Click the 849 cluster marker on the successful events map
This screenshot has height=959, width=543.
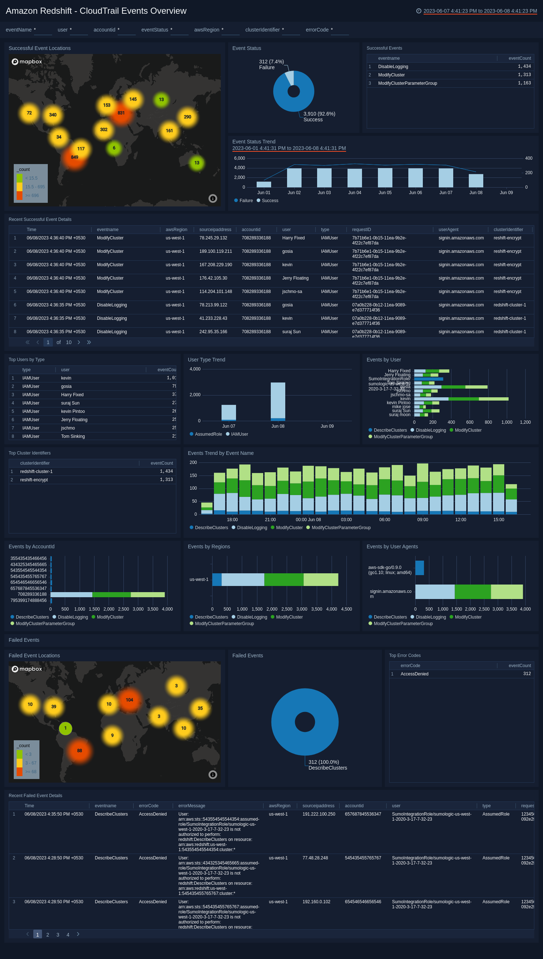[75, 158]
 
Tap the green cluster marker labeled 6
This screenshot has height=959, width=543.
[114, 148]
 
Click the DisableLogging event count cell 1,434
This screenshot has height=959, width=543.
[524, 66]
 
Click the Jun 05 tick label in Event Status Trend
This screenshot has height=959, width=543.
[385, 192]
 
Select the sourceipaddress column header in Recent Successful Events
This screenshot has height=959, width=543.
[215, 229]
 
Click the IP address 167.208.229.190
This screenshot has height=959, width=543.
[215, 265]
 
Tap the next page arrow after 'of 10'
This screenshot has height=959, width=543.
[79, 342]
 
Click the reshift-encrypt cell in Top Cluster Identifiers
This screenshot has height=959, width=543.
[34, 480]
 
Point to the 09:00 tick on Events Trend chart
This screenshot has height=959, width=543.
[422, 520]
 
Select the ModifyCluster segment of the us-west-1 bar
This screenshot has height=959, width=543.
[283, 579]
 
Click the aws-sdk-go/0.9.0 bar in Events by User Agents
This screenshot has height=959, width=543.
[419, 568]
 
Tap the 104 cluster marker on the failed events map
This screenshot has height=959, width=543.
[129, 700]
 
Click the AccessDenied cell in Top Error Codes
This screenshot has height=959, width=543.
[414, 674]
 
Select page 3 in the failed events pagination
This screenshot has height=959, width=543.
[58, 935]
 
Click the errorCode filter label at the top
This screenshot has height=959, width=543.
[317, 30]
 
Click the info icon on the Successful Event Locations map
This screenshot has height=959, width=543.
[212, 198]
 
